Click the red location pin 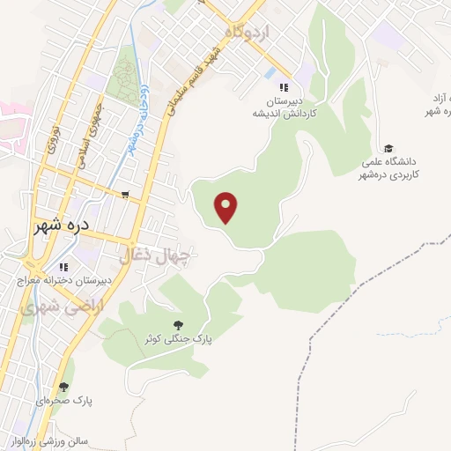pos(227,206)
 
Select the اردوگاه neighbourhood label pos(250,32)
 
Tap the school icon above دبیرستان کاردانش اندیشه pos(283,87)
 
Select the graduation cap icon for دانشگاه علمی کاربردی pos(388,147)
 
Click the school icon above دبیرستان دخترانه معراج pos(63,266)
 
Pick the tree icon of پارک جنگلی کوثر pos(179,325)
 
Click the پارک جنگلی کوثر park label pos(180,339)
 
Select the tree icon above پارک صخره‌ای pos(63,386)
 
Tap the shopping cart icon pos(126,195)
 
